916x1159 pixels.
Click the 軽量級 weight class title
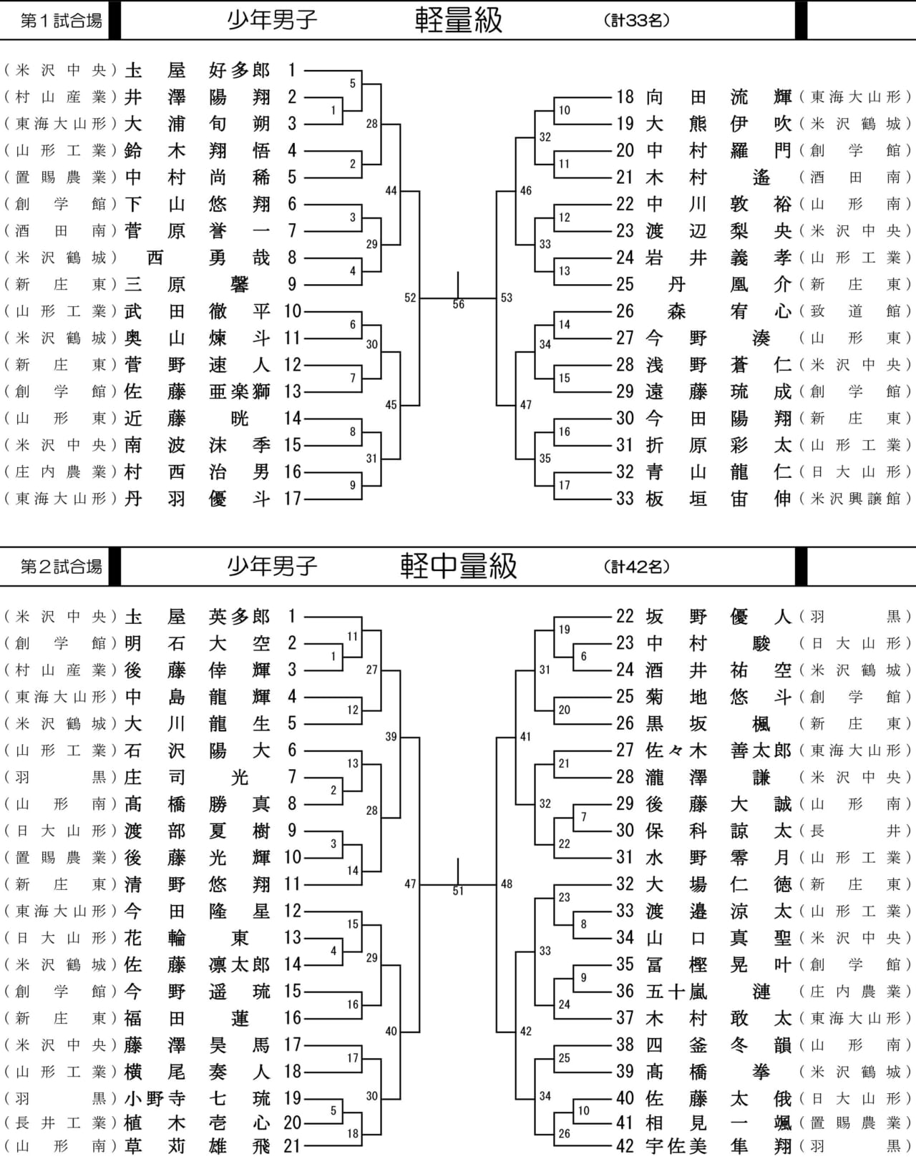(x=459, y=21)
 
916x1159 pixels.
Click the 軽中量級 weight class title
(x=459, y=566)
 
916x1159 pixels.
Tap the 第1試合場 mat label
(x=61, y=21)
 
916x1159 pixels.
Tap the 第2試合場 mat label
(x=61, y=567)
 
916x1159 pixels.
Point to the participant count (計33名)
(x=637, y=21)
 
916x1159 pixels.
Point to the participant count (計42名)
(x=637, y=567)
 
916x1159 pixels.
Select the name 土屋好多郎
(x=198, y=71)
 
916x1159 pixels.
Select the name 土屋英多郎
(x=198, y=616)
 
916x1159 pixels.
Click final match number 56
(x=458, y=305)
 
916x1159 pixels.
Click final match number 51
(x=458, y=891)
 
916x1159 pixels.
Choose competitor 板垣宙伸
(x=718, y=499)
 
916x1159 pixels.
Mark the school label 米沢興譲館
(x=856, y=499)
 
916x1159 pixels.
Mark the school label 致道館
(x=856, y=311)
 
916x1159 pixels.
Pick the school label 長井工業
(x=61, y=1123)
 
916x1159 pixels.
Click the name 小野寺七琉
(x=198, y=1098)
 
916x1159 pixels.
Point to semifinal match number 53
(x=507, y=298)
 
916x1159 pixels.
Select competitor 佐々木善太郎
(x=718, y=750)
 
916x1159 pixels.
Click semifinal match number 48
(x=507, y=884)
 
